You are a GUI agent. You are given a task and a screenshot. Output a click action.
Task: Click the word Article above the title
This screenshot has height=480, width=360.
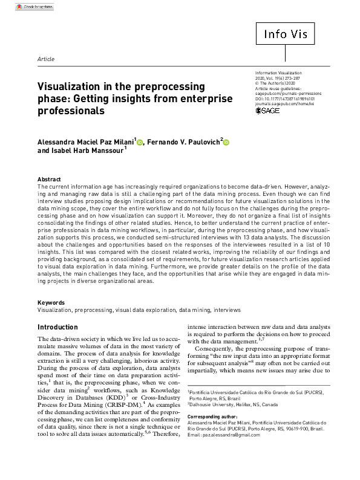46,59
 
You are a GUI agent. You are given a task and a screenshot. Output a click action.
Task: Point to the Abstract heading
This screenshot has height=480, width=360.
49,180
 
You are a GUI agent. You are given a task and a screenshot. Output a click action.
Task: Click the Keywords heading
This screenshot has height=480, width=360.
51,302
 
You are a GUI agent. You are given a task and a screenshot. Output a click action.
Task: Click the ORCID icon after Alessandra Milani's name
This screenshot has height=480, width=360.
140,143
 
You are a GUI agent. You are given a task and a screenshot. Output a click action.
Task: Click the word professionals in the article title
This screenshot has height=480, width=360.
71,111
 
